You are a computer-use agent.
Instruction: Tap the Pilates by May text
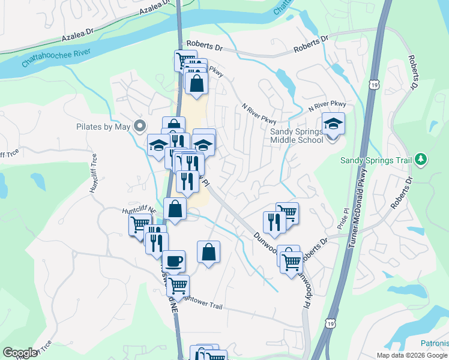(104, 126)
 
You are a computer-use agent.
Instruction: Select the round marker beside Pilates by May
(140, 126)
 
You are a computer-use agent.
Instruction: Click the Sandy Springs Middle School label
(297, 135)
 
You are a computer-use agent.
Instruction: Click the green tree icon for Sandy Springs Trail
(421, 159)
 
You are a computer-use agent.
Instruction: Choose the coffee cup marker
(173, 262)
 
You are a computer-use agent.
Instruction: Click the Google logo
(20, 353)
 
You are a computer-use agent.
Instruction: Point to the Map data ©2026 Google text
(412, 355)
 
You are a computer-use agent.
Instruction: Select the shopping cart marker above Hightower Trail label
(178, 286)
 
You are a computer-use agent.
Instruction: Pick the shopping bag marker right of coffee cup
(208, 253)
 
